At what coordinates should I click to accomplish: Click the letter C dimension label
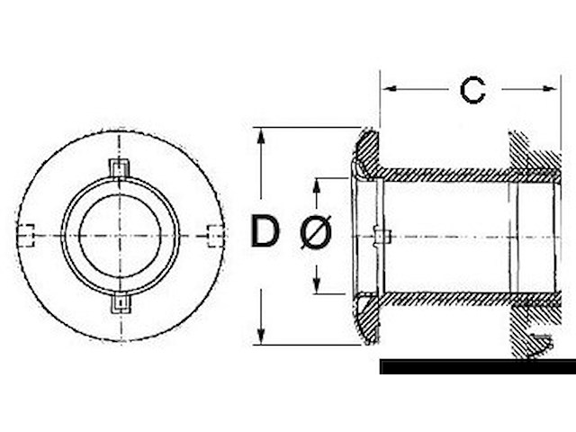coord(472,90)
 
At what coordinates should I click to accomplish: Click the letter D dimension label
coord(265,232)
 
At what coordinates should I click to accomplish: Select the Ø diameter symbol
coord(315,234)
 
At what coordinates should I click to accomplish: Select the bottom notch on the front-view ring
coord(120,304)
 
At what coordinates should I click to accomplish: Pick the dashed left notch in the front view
coord(26,235)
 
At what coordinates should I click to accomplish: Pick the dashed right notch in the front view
coord(213,235)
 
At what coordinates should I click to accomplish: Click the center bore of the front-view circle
coord(120,236)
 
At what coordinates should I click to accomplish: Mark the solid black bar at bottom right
coord(477,367)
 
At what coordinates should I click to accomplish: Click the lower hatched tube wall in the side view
coord(445,298)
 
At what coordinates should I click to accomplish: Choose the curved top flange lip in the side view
coord(367,148)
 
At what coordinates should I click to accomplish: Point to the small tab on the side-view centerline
coord(382,237)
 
